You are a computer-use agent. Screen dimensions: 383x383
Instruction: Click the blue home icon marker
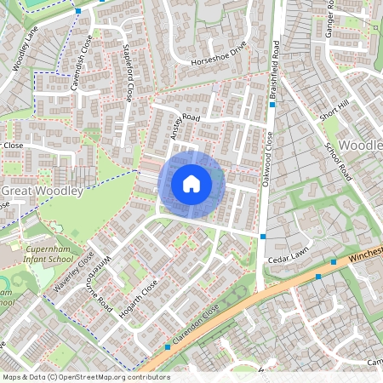click(191, 183)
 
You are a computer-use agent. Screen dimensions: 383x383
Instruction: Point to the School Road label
click(339, 160)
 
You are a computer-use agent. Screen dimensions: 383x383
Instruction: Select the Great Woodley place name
click(42, 191)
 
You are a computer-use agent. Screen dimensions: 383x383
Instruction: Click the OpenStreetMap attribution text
click(86, 376)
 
